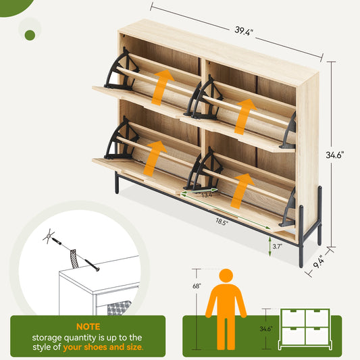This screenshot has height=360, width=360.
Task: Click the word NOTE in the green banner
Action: pyautogui.click(x=88, y=325)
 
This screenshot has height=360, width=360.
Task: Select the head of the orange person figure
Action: pyautogui.click(x=226, y=276)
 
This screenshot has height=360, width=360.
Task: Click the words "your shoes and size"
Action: pyautogui.click(x=103, y=348)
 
